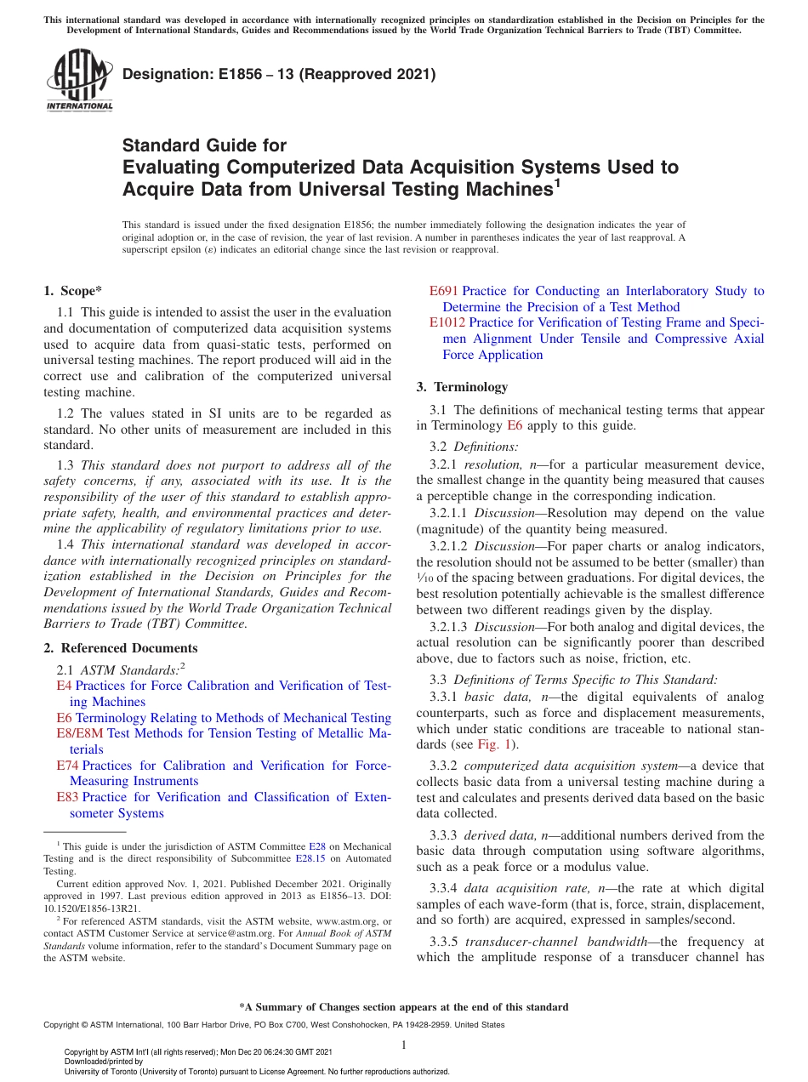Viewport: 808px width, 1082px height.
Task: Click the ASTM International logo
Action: [79, 81]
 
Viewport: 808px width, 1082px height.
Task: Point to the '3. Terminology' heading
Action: [462, 387]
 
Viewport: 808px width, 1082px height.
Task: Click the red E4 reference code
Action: [64, 686]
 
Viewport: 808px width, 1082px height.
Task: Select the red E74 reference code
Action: [67, 766]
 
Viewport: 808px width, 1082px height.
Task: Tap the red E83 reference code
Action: [67, 797]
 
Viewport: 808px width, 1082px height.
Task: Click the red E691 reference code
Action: [443, 291]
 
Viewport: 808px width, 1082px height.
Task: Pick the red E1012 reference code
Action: [447, 322]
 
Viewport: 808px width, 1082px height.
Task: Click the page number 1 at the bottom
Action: [404, 1045]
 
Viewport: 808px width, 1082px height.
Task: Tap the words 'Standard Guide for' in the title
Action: [205, 145]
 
